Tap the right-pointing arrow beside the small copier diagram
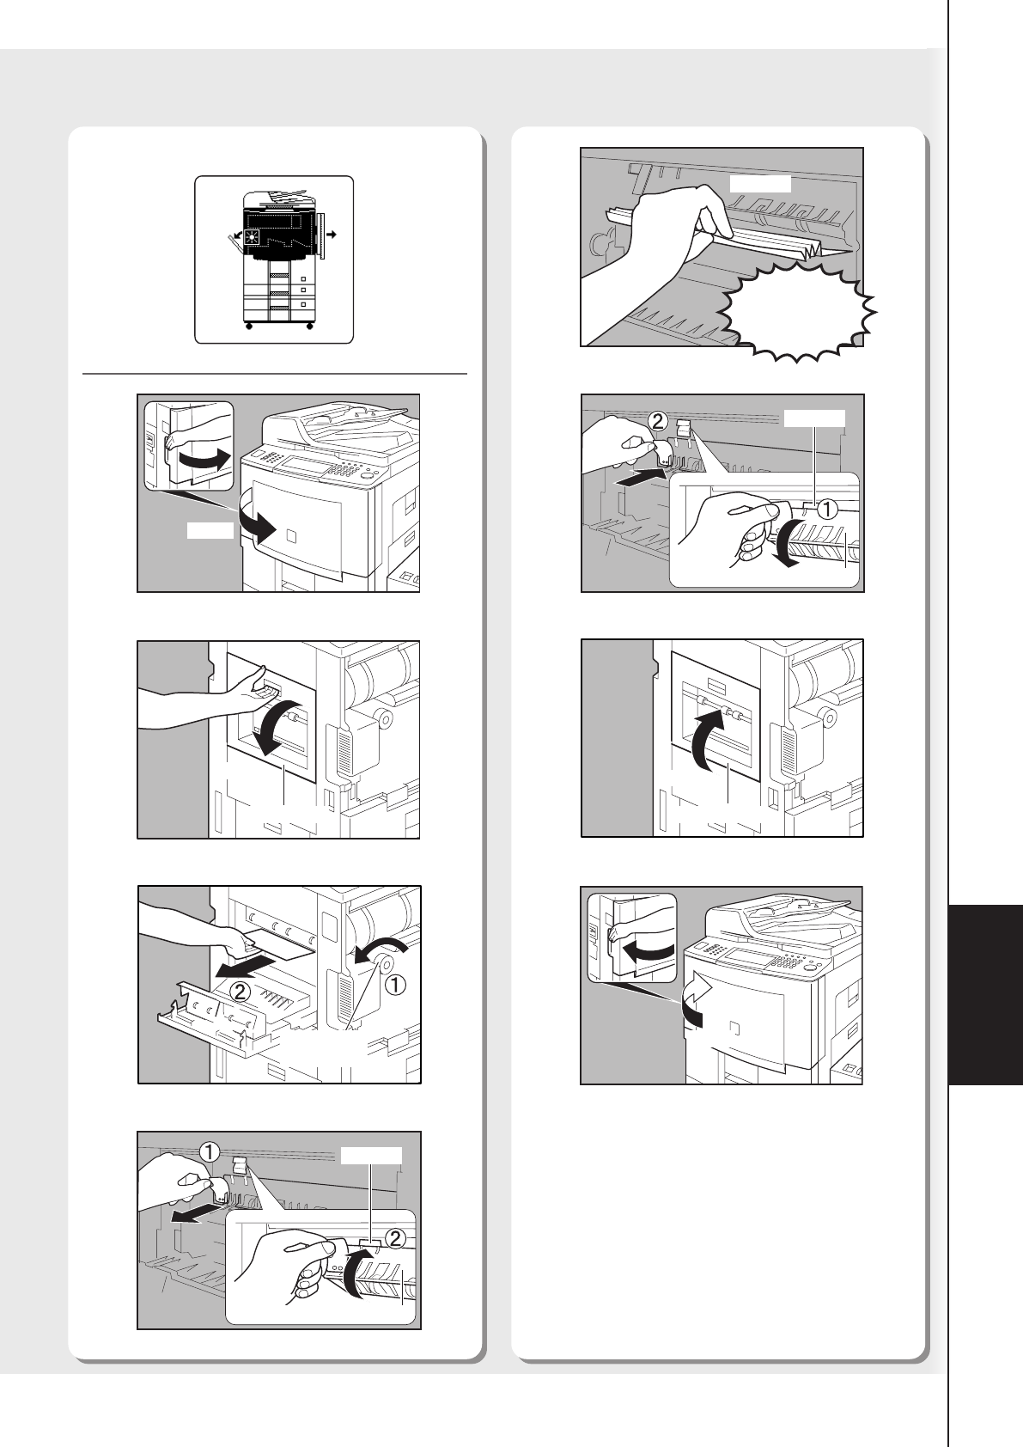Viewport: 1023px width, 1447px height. (331, 234)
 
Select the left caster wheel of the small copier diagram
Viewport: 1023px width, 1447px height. (248, 327)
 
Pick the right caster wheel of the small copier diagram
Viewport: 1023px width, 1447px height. (309, 327)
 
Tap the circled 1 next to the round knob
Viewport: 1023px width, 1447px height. (394, 985)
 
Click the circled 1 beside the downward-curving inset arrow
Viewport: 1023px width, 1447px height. (827, 510)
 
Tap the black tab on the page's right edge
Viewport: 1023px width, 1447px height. (986, 996)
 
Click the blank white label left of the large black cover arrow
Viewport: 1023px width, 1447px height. (210, 531)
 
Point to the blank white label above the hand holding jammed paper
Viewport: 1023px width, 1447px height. (760, 183)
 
